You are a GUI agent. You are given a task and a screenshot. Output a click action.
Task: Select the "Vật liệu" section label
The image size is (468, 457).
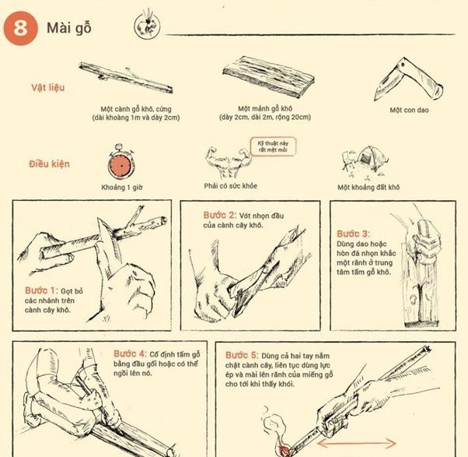(x=47, y=86)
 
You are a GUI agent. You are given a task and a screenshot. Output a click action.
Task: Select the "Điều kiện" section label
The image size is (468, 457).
(x=49, y=164)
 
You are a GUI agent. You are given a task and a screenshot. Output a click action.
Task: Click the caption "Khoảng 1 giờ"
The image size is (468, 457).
(x=122, y=188)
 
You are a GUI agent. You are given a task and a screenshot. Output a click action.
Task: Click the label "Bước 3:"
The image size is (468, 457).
(x=354, y=234)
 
